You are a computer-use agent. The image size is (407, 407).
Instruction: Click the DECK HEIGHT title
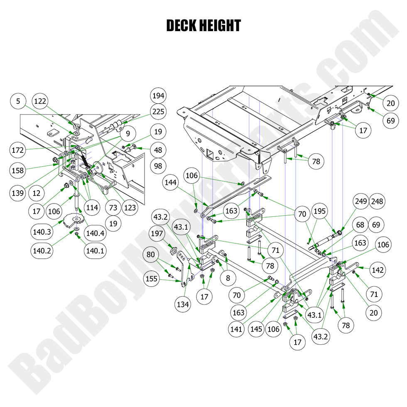point(203,26)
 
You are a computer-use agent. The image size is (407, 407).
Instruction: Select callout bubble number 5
point(18,101)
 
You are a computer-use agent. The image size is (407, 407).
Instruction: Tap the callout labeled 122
point(41,101)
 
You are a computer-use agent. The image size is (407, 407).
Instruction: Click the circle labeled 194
point(158,96)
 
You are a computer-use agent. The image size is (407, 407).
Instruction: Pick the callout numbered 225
point(158,111)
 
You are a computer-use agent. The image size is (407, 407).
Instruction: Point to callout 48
point(158,150)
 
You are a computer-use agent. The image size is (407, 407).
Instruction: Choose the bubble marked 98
point(158,166)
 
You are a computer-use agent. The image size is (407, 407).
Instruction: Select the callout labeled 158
point(18,170)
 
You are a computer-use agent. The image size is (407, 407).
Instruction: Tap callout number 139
point(18,193)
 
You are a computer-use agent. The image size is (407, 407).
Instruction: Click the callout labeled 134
point(182,304)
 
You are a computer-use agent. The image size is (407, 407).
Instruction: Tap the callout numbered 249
point(360,201)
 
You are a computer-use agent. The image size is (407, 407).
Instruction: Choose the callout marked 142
point(378,270)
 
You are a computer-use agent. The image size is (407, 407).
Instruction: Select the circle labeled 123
point(130,208)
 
